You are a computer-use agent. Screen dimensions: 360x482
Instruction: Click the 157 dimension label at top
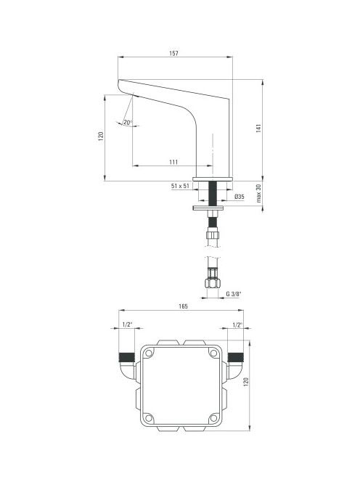click(x=173, y=53)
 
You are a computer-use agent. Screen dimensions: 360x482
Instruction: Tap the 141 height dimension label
click(x=258, y=128)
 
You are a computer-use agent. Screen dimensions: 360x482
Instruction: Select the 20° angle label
click(x=127, y=123)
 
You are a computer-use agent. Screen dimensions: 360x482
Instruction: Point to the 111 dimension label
click(x=173, y=162)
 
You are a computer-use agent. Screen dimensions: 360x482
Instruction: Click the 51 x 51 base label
click(x=180, y=186)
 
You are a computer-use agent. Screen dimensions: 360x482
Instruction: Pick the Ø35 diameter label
click(x=240, y=197)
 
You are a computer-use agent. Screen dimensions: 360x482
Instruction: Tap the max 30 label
click(x=258, y=193)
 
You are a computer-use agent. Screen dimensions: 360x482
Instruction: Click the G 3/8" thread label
click(x=234, y=294)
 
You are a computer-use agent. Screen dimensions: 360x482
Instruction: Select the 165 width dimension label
click(x=183, y=306)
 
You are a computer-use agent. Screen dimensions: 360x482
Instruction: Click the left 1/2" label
click(x=127, y=324)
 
